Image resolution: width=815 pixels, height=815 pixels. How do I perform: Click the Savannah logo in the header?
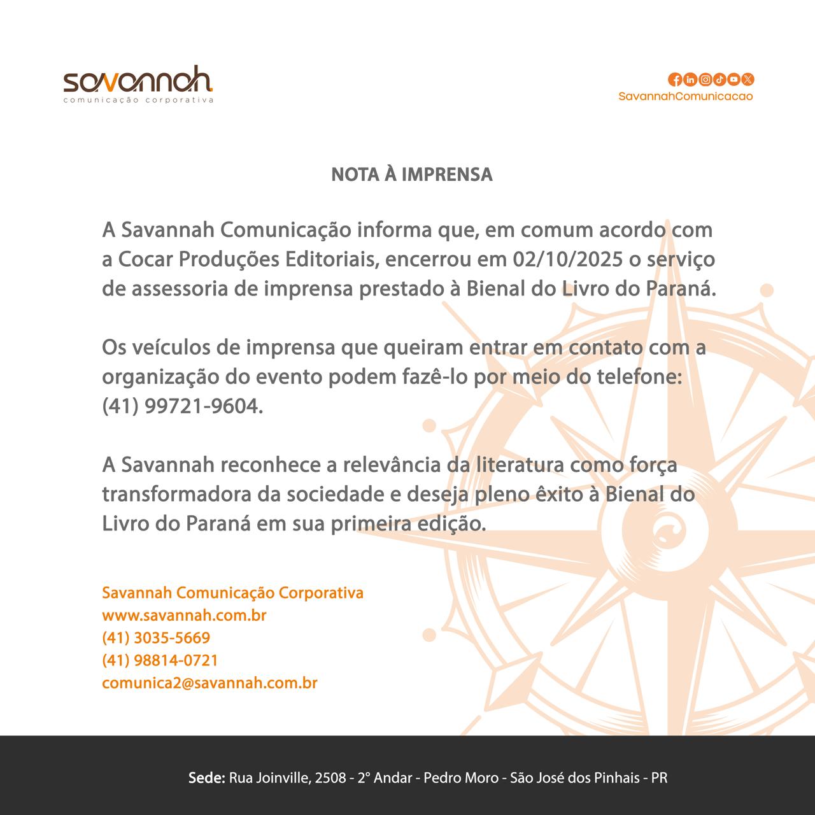point(138,83)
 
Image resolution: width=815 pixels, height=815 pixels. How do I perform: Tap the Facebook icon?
point(675,80)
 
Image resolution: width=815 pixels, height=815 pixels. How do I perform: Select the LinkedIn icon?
point(690,80)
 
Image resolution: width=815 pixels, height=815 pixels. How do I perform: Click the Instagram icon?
point(705,80)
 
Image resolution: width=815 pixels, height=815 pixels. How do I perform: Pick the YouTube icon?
point(733,80)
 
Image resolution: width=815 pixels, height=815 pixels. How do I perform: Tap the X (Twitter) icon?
point(748,80)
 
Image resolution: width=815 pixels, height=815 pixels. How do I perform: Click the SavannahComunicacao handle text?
point(685,96)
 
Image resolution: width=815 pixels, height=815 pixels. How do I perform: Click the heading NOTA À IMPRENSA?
point(412,174)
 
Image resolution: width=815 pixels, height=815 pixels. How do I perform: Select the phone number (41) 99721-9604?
point(182,406)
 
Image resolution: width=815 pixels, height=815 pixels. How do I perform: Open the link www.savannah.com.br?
point(184,616)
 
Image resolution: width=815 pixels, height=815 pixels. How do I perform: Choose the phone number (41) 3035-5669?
point(156,638)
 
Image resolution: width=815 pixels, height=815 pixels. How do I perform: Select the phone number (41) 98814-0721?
point(160,660)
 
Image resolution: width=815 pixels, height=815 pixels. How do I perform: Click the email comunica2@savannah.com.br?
point(209,683)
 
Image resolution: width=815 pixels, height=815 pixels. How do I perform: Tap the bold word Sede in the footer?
point(207,778)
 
